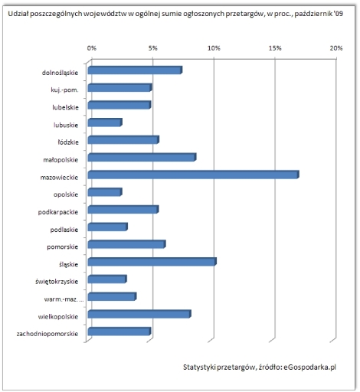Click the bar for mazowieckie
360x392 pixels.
[x=193, y=175]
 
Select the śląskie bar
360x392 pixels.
[x=152, y=262]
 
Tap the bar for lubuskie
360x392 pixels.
[x=105, y=122]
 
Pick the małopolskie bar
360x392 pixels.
[x=142, y=157]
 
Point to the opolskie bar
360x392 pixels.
[x=105, y=192]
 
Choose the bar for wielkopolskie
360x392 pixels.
[x=139, y=314]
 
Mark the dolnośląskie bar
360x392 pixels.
[x=135, y=70]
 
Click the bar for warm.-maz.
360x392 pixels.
[x=112, y=296]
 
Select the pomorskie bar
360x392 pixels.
[x=126, y=244]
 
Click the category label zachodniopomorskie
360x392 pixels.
[x=47, y=334]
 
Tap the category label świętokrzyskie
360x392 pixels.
[x=57, y=282]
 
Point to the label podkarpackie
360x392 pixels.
[x=58, y=212]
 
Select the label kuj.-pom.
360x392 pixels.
[x=64, y=90]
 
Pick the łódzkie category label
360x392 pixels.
[x=68, y=142]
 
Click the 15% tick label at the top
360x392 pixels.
[x=275, y=48]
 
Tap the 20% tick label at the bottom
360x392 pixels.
[x=336, y=340]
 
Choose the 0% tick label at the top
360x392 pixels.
[x=92, y=48]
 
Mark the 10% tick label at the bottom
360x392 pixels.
[x=214, y=340]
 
